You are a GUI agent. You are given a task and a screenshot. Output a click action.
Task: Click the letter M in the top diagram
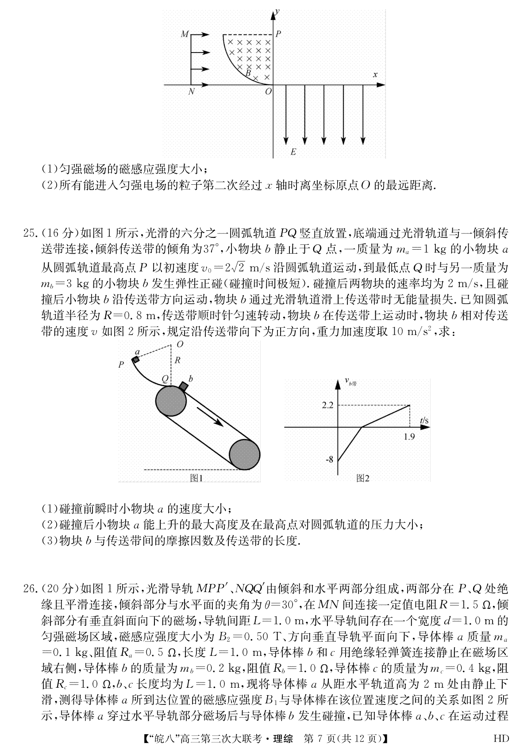[x=185, y=34]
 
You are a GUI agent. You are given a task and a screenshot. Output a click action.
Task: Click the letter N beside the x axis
[x=191, y=92]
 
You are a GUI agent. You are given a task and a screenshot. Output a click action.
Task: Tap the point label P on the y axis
[x=278, y=34]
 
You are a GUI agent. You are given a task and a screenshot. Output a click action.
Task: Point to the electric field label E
[x=293, y=152]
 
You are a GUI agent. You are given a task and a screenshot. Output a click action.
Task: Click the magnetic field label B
[x=248, y=72]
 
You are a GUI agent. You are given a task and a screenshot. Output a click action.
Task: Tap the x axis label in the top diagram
[x=375, y=75]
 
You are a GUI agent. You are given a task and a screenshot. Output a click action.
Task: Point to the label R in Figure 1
[x=177, y=360]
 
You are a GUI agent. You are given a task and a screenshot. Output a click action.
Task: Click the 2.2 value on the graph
[x=328, y=405]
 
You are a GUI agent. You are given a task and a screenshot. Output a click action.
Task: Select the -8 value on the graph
[x=329, y=459]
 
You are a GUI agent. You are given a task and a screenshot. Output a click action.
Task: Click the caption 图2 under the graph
[x=363, y=478]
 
